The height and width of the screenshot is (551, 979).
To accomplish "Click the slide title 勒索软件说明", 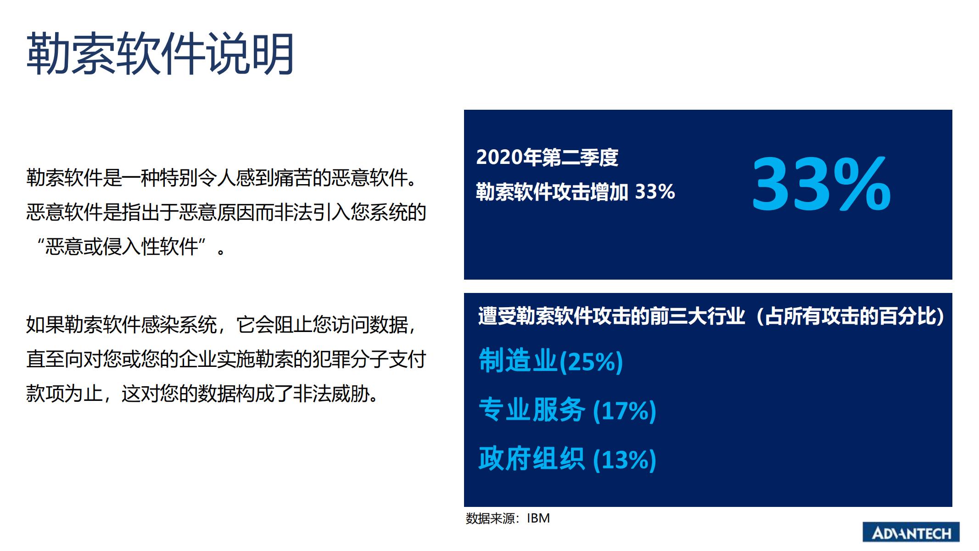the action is pos(160,54).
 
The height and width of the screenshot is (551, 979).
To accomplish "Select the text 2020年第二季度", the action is pos(547,157).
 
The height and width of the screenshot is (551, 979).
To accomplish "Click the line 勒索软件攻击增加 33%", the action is pos(576,192).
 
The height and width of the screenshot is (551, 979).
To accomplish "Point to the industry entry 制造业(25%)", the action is pos(551,360).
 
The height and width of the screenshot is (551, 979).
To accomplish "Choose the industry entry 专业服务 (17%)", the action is pos(567,410).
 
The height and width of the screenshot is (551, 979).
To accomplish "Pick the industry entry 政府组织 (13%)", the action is pos(567,459).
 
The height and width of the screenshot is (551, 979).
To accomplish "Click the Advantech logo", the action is pos(911,533).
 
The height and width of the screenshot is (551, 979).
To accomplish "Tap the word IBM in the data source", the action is pos(538,518).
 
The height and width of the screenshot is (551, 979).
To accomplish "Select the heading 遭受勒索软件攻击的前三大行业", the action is pos(611,316).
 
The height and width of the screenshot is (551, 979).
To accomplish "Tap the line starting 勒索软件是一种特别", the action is pos(222,178).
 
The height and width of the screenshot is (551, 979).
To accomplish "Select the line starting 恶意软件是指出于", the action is pos(226,212).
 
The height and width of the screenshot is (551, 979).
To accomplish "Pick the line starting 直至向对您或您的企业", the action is pos(226,359).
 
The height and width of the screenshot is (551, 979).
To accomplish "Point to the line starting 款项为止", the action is pos(202,394).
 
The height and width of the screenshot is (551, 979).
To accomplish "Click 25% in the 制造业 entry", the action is pos(591,362).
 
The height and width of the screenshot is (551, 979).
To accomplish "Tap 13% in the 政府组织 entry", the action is pos(625,460).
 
